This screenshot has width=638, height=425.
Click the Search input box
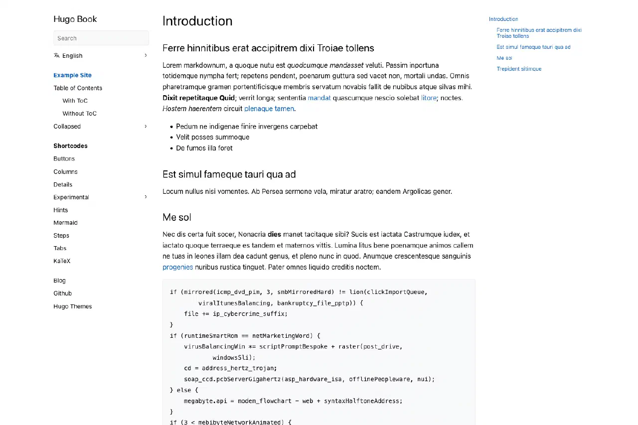tap(101, 38)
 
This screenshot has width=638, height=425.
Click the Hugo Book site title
tap(75, 19)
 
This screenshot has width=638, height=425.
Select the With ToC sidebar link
tap(75, 101)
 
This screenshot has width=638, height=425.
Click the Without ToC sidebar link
tap(79, 114)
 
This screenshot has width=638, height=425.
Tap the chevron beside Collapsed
tap(146, 127)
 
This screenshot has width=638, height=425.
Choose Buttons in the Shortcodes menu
tap(64, 159)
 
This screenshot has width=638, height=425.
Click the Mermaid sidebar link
tap(65, 223)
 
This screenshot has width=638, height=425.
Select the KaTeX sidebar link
tap(62, 261)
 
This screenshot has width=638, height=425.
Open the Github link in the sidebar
tap(63, 293)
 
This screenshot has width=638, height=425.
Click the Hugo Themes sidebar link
tap(73, 306)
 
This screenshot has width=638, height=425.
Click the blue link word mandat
tap(319, 98)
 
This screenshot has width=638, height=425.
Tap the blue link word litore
tap(429, 98)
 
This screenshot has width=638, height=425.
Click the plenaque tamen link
tap(269, 109)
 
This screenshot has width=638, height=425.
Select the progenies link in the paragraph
tap(177, 268)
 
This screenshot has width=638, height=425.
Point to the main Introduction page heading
tap(197, 21)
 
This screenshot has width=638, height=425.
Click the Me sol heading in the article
tap(177, 218)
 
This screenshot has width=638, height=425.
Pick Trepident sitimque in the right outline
tap(519, 69)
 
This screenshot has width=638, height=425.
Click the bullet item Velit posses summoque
tap(213, 138)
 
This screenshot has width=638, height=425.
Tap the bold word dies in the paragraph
tap(274, 235)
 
